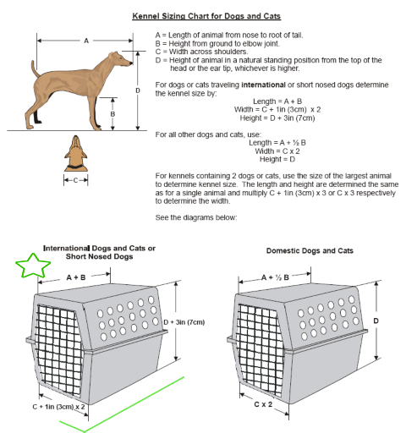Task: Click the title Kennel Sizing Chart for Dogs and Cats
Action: [206, 16]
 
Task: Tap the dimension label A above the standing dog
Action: [86, 41]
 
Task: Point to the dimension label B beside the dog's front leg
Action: [112, 114]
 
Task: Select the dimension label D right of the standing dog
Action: [138, 90]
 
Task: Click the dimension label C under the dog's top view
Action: [75, 180]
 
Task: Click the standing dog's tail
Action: [36, 69]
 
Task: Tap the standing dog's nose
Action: [131, 63]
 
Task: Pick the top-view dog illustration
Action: [76, 153]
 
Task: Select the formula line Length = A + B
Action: [277, 101]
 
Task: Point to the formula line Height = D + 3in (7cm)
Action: [277, 118]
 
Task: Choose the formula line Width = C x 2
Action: [277, 151]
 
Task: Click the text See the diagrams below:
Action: [196, 217]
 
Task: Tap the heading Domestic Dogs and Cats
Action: [310, 250]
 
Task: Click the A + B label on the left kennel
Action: [76, 277]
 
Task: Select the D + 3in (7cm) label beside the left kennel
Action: [184, 322]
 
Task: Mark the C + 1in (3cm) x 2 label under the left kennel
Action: [58, 407]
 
